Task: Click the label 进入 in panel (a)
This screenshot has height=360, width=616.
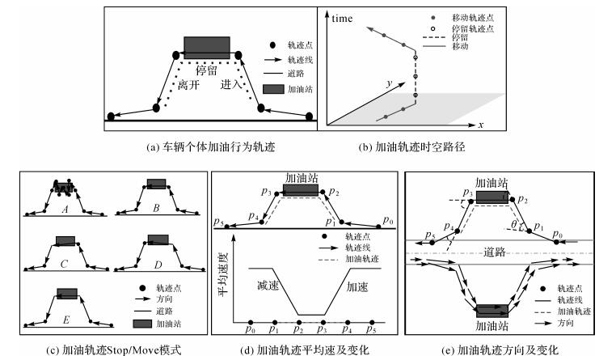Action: tap(231, 84)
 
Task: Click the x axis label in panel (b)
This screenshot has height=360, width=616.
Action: tap(480, 126)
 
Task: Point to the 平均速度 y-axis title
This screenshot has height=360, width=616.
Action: tap(222, 277)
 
